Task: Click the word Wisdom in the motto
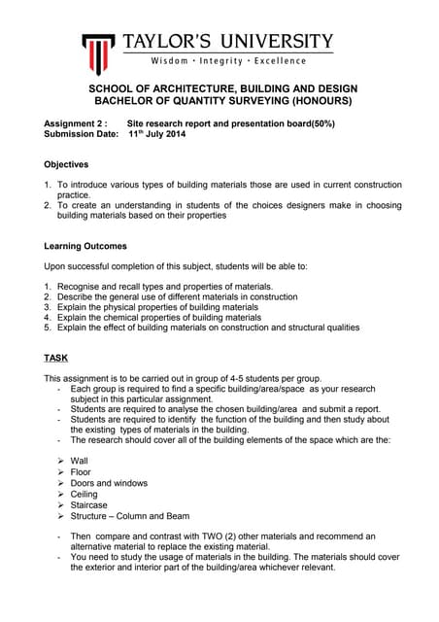(x=152, y=61)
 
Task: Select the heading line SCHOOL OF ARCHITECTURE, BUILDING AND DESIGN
(x=219, y=88)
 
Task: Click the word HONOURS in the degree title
(x=318, y=100)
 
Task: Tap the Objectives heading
(x=66, y=164)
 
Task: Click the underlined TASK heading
(x=55, y=357)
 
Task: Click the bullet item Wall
(x=81, y=461)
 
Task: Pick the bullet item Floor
(x=82, y=472)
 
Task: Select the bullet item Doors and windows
(x=110, y=483)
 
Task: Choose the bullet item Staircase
(x=89, y=505)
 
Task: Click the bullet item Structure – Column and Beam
(x=130, y=516)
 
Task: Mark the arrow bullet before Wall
(x=61, y=461)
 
